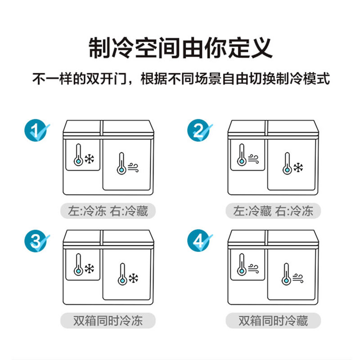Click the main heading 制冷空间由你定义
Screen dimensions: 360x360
pyautogui.click(x=180, y=48)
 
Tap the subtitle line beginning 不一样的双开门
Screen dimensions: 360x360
pyautogui.click(x=181, y=78)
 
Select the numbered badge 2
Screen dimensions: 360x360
pyautogui.click(x=199, y=130)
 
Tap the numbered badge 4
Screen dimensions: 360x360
pyautogui.click(x=199, y=240)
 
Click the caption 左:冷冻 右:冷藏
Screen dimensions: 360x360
pyautogui.click(x=108, y=211)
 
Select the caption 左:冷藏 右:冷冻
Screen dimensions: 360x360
pyautogui.click(x=273, y=211)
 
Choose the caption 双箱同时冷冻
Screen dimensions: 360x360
pyautogui.click(x=108, y=320)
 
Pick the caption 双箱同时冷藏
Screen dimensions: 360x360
pyautogui.click(x=273, y=320)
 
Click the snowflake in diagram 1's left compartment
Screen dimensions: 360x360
pyautogui.click(x=89, y=159)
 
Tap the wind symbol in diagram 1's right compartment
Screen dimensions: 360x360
pyautogui.click(x=133, y=167)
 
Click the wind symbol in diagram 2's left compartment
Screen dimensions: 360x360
pyautogui.click(x=253, y=159)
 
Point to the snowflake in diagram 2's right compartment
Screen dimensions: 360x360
pyautogui.click(x=298, y=167)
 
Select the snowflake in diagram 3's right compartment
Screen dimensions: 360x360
pyautogui.click(x=133, y=278)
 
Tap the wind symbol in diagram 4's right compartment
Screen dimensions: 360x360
pyautogui.click(x=298, y=278)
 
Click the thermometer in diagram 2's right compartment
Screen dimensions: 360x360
pyautogui.click(x=287, y=163)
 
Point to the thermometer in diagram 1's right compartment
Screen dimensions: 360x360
pyautogui.click(x=121, y=163)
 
